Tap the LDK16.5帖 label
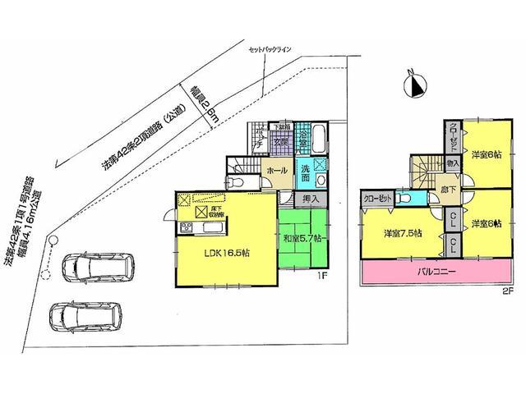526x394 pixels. pos(226,253)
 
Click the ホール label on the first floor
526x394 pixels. pos(276,171)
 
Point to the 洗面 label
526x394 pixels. pos(305,174)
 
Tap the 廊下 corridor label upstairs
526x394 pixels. pos(450,189)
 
